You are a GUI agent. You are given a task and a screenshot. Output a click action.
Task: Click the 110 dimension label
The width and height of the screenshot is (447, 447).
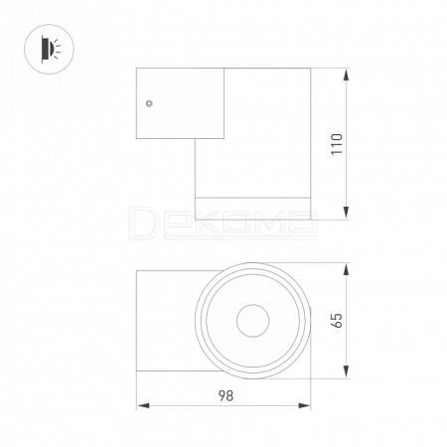pyautogui.click(x=338, y=144)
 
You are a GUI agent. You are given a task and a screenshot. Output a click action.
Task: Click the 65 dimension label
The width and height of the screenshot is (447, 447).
pyautogui.click(x=337, y=320)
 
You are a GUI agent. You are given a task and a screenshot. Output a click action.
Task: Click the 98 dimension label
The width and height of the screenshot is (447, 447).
pyautogui.click(x=225, y=395)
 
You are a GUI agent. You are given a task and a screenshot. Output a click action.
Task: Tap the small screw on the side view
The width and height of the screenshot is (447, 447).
pyautogui.click(x=149, y=103)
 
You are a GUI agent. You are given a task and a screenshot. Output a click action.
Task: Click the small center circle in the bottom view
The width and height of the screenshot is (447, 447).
pyautogui.click(x=253, y=321)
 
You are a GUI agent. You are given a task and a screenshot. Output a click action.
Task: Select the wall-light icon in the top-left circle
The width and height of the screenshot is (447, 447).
pyautogui.click(x=51, y=49)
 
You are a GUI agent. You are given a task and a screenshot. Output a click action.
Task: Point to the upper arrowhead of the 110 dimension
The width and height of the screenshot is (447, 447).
pyautogui.click(x=347, y=74)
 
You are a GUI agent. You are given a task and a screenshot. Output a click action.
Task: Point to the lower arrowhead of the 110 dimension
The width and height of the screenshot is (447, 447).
pyautogui.click(x=347, y=213)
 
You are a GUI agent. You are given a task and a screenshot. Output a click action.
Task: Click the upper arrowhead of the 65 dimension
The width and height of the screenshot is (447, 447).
pyautogui.click(x=347, y=269)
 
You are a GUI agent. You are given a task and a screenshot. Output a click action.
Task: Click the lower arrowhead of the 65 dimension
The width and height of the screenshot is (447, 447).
pyautogui.click(x=347, y=372)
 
